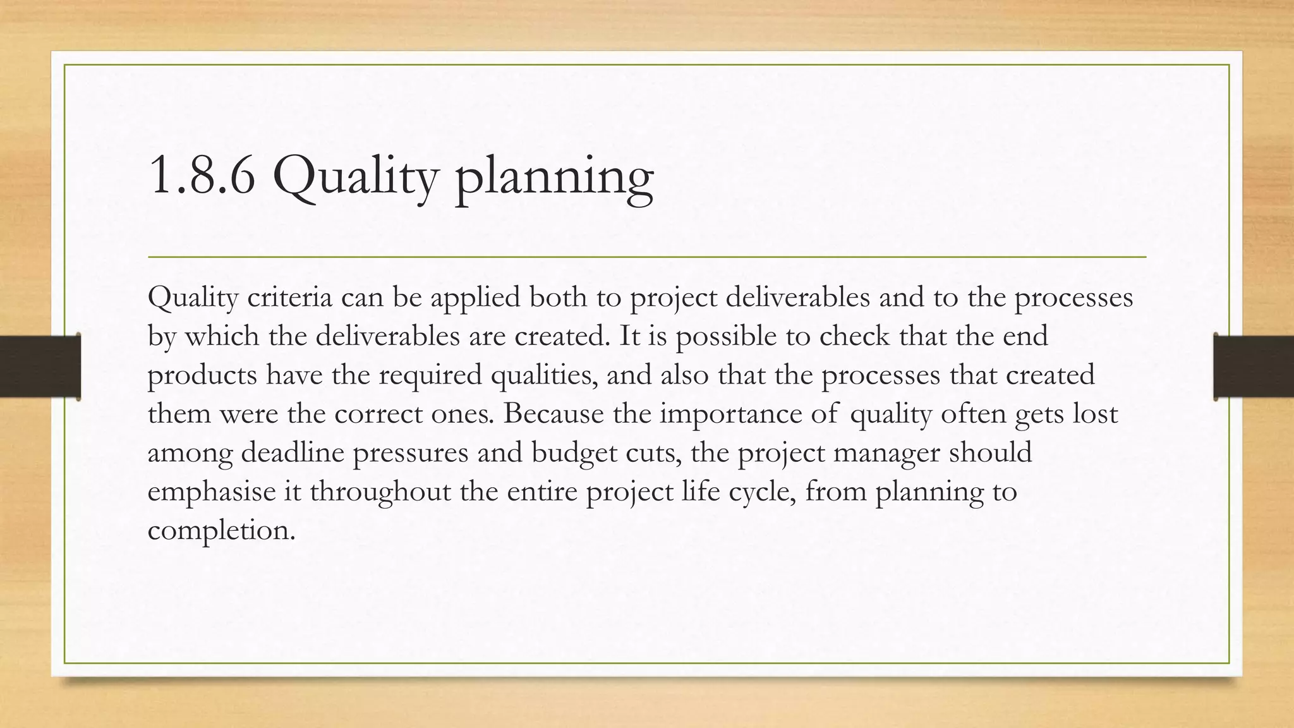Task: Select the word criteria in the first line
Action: (289, 297)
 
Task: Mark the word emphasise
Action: (212, 492)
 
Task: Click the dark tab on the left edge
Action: (40, 367)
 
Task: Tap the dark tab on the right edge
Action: (1254, 367)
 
